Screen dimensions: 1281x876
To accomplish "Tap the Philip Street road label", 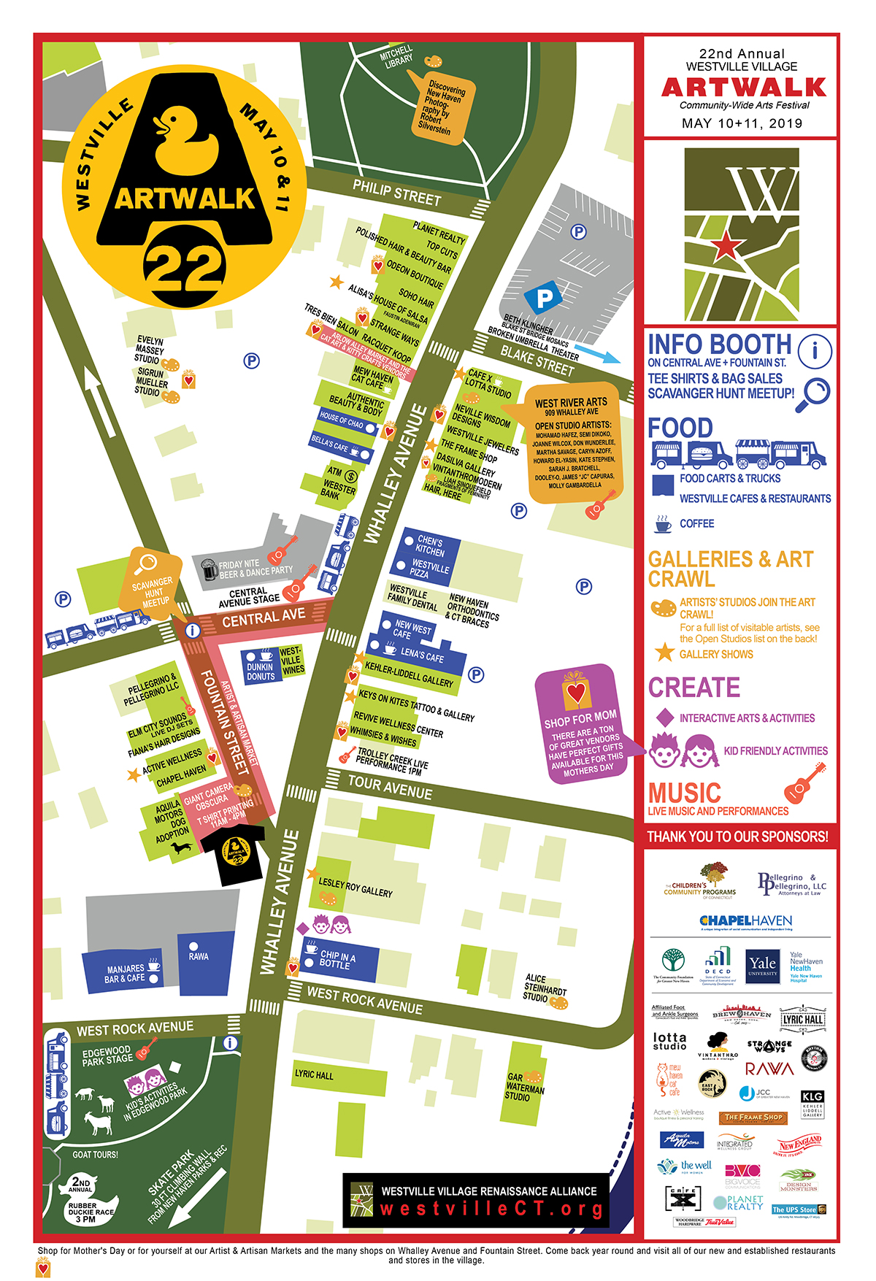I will point(396,193).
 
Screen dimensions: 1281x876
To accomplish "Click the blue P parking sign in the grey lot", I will point(544,297).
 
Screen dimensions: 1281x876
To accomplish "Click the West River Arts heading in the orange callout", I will point(571,402).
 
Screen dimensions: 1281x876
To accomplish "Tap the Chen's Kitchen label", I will point(429,546).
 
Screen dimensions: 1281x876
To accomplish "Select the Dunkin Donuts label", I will point(260,672).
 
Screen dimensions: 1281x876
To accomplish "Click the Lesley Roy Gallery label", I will point(356,888).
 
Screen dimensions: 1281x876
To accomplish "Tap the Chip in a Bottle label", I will point(337,959).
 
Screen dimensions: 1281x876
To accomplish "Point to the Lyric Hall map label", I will point(314,1074).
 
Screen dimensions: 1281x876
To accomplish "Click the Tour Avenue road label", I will point(390,788).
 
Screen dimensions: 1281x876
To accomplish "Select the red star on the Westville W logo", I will point(726,247).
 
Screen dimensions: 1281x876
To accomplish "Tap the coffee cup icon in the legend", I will point(663,523).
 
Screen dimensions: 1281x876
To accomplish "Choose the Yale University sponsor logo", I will point(762,966).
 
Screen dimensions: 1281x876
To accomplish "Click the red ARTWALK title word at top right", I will point(743,88).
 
